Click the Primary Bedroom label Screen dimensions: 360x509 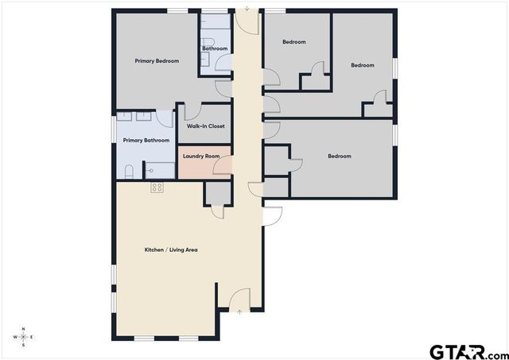[x=157, y=61]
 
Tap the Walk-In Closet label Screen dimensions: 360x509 [x=205, y=126]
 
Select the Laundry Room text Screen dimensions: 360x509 [x=200, y=156]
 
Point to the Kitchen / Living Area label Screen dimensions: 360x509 [x=171, y=250]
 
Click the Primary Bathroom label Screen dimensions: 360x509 [x=146, y=141]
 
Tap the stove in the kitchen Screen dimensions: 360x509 [x=157, y=188]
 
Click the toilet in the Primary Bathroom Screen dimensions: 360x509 [x=130, y=170]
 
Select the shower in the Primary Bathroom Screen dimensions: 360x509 [x=162, y=169]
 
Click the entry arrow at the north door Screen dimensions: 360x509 [x=247, y=10]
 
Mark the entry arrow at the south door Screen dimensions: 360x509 [x=239, y=312]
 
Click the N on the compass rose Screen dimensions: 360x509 [x=24, y=328]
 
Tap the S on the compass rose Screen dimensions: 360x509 [x=24, y=346]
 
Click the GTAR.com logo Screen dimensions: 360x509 [x=467, y=350]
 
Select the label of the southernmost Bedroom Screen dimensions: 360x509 [x=340, y=157]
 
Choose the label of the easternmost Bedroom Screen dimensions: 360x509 [x=363, y=65]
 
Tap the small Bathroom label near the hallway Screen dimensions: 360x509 [x=215, y=48]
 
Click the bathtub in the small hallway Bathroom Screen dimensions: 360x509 [x=215, y=67]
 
